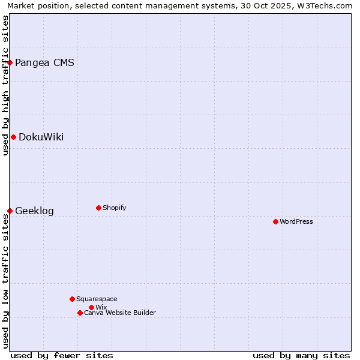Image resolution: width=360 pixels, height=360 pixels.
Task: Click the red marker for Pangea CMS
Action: coord(10,62)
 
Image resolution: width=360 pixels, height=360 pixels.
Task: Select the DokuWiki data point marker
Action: coord(13,137)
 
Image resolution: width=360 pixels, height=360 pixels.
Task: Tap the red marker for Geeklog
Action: coord(10,211)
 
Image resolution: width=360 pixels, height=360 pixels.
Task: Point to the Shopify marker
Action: coord(98,208)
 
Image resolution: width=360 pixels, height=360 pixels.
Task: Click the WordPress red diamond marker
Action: coord(275,221)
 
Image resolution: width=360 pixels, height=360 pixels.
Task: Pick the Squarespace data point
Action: coord(72,299)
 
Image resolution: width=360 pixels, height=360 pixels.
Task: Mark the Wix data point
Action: coord(91,307)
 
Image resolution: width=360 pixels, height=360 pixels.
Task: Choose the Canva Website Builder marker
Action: coord(80,313)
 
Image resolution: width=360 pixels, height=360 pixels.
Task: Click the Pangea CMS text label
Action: coord(44,63)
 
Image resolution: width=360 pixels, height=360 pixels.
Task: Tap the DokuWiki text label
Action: coord(41,137)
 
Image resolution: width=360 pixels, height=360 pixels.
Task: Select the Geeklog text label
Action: coord(34,211)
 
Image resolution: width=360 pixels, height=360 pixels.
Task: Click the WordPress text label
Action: coord(296,222)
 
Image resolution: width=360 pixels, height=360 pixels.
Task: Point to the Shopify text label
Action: coord(114,208)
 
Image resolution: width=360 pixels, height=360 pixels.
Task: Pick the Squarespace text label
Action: coord(97,299)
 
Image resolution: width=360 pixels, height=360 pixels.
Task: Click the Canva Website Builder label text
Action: coord(120,313)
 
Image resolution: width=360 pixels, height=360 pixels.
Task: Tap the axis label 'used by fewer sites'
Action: coord(62,355)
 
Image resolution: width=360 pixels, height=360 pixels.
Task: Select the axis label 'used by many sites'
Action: coord(301,355)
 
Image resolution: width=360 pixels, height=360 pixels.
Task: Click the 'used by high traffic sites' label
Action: coord(5,85)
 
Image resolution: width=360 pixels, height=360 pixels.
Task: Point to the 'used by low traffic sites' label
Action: coord(5,281)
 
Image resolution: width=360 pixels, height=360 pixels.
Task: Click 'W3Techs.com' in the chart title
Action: coord(327,5)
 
